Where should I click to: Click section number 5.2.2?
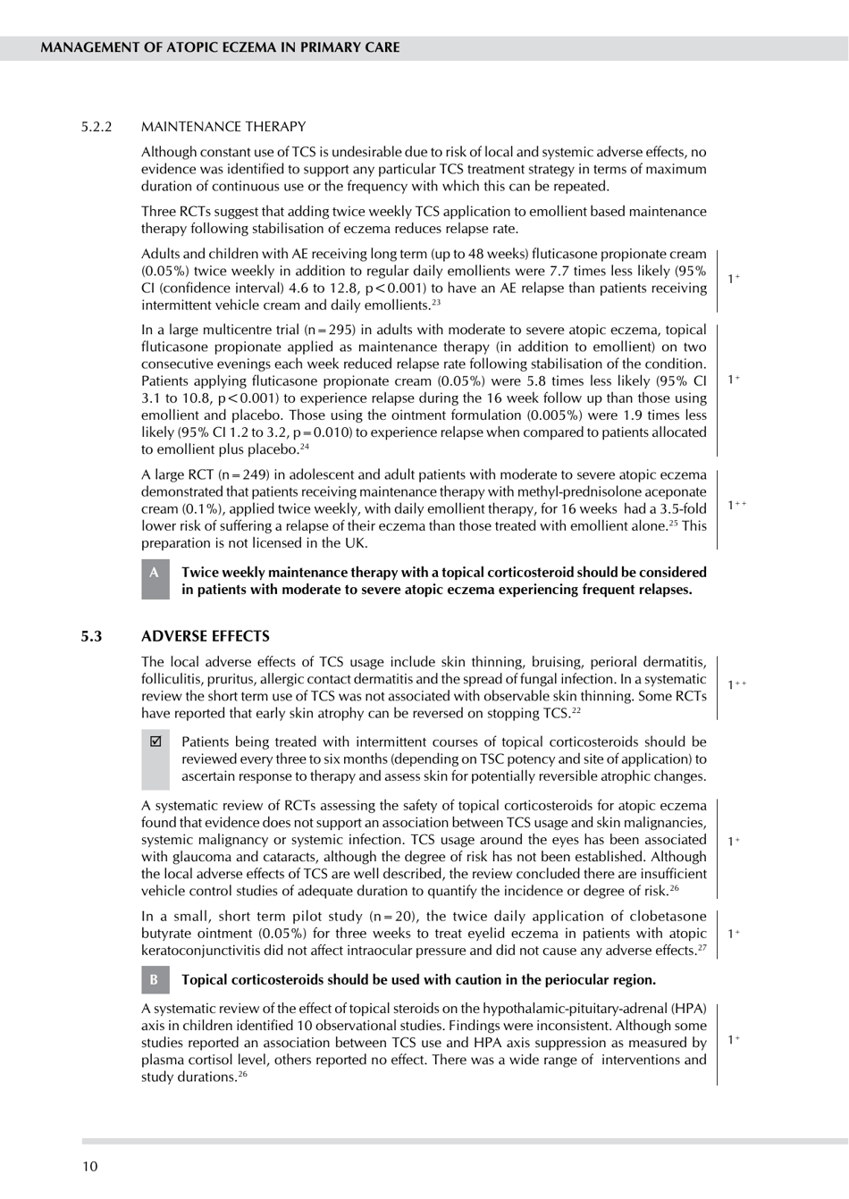point(97,127)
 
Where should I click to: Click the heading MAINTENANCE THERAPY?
point(223,127)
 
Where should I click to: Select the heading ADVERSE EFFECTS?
point(206,636)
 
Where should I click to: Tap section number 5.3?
point(91,636)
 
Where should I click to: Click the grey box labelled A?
point(155,578)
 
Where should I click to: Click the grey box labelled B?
point(155,980)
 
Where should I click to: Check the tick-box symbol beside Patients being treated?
point(156,742)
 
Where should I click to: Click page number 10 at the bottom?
point(90,1166)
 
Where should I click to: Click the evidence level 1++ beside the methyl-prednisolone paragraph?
point(736,506)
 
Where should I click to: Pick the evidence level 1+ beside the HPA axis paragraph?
point(734,1039)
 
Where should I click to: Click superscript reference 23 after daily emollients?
point(436,302)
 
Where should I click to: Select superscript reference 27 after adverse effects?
point(702,947)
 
